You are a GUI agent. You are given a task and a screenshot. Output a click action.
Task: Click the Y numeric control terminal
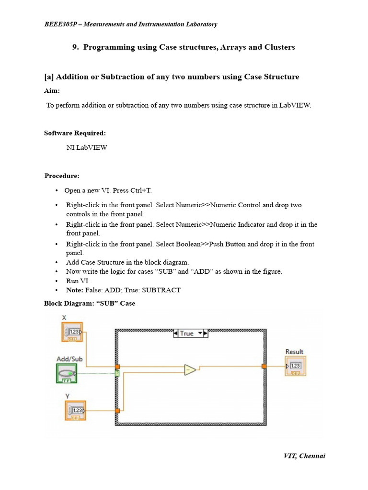pos(75,411)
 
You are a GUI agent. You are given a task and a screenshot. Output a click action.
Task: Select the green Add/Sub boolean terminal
pos(66,373)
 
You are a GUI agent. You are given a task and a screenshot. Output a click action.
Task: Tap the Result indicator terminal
pos(295,366)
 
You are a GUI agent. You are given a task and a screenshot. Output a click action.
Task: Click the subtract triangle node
pos(190,369)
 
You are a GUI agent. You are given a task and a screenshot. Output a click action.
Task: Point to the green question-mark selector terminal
pos(117,373)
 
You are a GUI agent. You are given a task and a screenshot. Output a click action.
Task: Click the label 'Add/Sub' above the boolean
pos(69,359)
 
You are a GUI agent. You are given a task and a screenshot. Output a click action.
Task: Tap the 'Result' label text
pos(294,352)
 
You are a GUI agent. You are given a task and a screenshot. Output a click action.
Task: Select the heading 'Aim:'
pos(52,91)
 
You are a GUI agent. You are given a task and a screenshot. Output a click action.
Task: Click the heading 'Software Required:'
pos(75,133)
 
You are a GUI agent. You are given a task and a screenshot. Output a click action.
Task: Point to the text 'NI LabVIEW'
pos(87,147)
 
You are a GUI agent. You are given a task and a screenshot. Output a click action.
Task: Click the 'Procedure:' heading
pos(62,176)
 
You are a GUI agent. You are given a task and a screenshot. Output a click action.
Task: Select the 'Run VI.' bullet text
pos(78,281)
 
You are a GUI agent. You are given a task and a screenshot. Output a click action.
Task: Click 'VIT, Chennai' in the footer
pos(304,456)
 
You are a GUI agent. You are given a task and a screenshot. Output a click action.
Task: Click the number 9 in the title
pos(75,47)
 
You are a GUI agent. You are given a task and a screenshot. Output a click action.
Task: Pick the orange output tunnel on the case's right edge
pos(264,366)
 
